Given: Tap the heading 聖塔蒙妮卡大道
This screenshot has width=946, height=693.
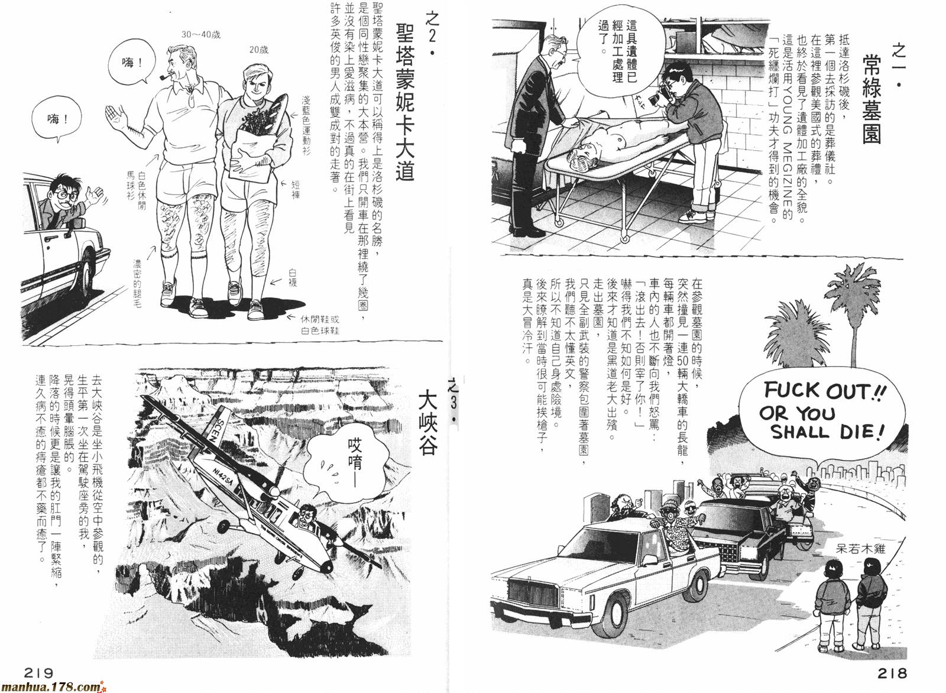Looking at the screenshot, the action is tap(404, 102).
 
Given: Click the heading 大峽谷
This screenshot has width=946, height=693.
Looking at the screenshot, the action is tap(427, 422).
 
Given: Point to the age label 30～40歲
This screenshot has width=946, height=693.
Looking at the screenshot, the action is tap(201, 35).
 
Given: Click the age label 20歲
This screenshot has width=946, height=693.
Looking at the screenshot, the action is tap(258, 50).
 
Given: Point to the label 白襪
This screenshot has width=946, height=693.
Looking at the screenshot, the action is tap(293, 277).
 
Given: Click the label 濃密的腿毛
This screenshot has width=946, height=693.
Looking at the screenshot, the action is tap(138, 283).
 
